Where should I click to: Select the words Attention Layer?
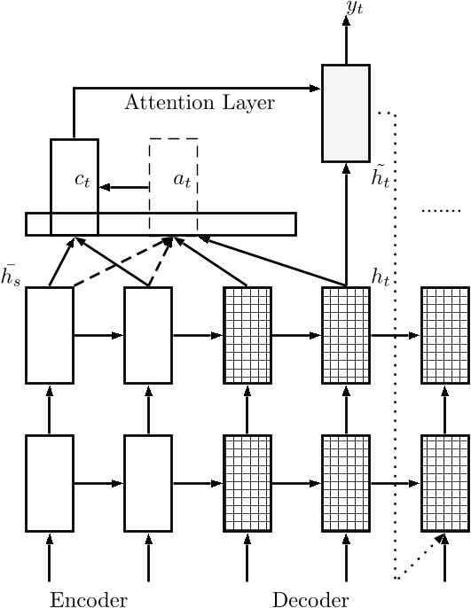200,102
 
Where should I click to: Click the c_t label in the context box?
82,180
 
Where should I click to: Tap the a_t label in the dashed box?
182,180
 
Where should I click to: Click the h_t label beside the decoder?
381,277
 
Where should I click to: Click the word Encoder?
89,599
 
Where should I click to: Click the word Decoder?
310,599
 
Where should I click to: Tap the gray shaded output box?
346,113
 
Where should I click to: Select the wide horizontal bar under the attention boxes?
161,224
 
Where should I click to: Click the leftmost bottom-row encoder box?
50,483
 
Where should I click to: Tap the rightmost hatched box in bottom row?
444,483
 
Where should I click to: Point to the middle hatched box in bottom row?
346,483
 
